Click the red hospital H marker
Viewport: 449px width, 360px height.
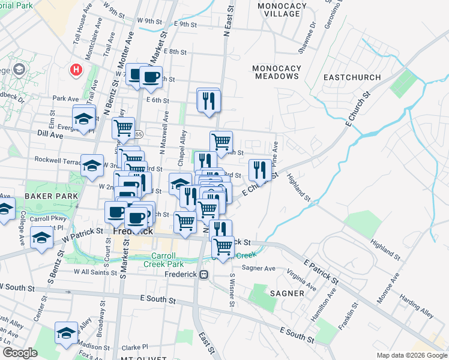(76, 70)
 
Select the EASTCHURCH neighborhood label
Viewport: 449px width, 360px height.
(352, 77)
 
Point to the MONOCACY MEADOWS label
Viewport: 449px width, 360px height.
(277, 72)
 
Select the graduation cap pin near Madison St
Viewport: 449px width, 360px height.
(67, 334)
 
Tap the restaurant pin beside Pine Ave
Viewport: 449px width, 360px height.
(259, 169)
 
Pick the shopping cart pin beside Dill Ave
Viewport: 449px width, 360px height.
(123, 128)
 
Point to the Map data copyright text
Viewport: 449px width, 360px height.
(411, 355)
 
